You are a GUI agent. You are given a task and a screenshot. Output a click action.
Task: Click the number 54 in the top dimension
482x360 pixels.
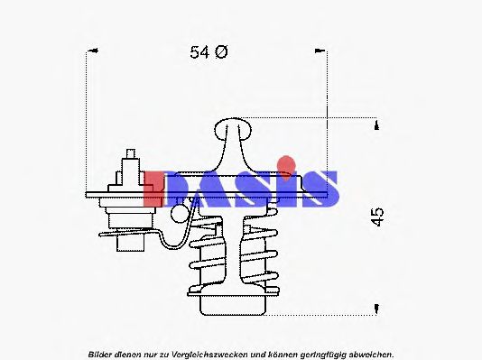pos(199,53)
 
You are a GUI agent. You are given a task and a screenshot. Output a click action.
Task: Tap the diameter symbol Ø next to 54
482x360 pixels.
pos(221,53)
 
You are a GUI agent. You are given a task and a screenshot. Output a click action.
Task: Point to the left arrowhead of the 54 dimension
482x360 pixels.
pos(88,53)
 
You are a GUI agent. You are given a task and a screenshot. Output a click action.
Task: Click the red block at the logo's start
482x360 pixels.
pos(155,188)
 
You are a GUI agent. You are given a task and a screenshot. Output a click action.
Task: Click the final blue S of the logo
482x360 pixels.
pos(321,189)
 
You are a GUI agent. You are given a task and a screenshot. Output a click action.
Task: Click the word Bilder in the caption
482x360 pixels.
pos(102,354)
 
